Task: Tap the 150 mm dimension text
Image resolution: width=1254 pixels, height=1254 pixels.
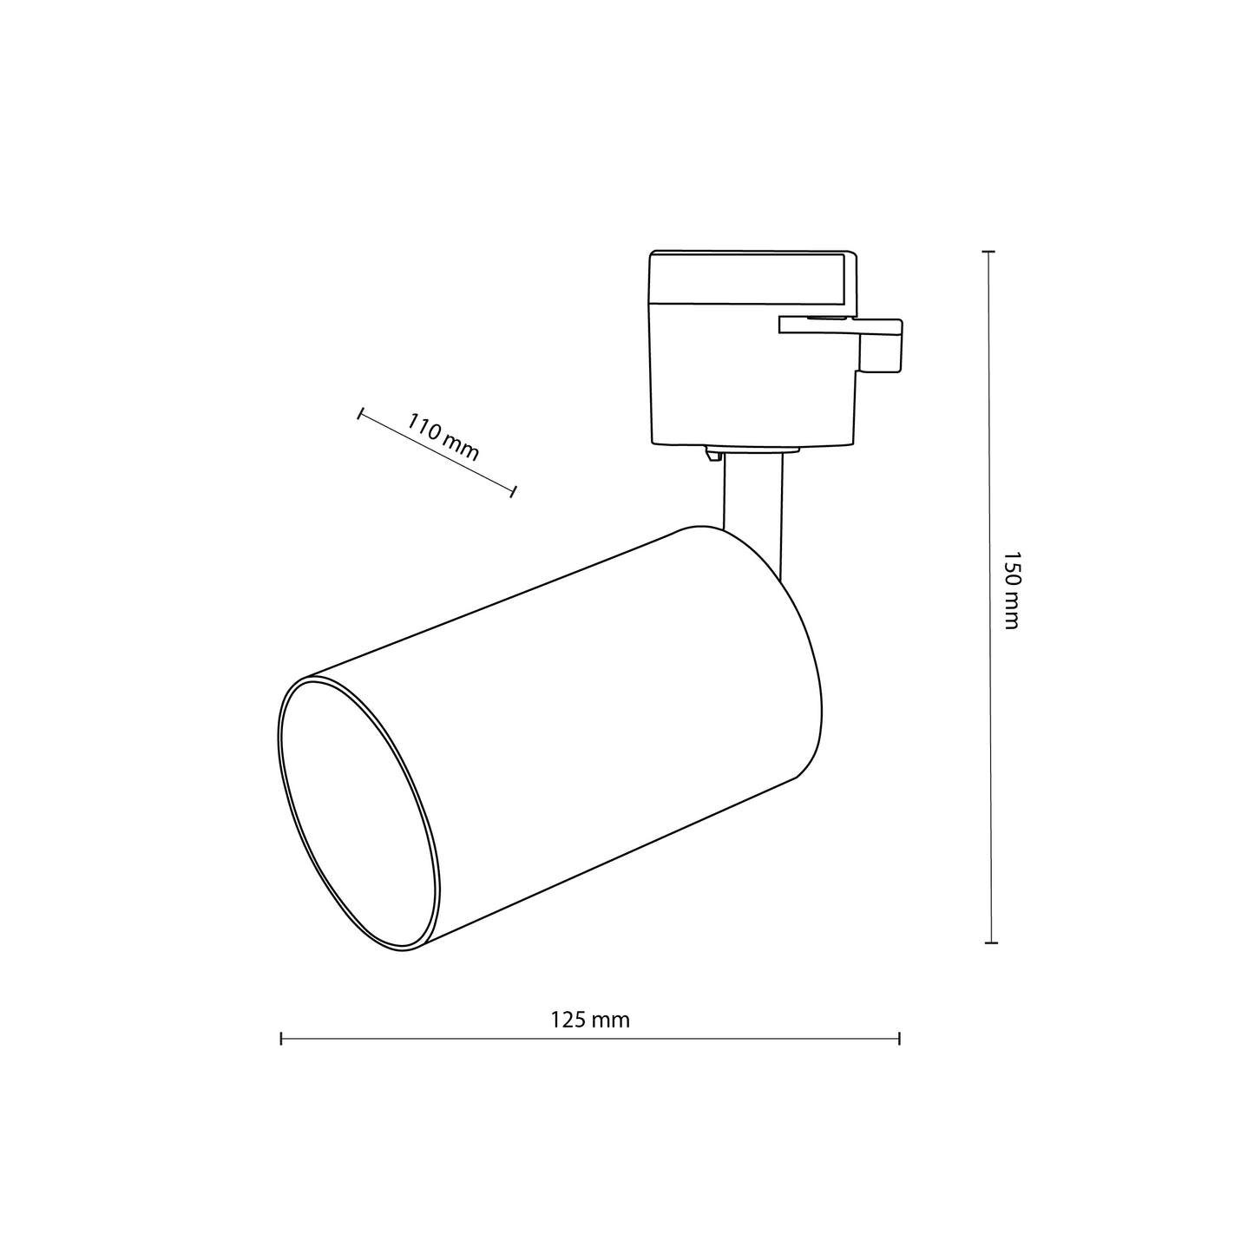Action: (x=1010, y=589)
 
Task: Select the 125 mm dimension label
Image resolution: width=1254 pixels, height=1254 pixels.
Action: (x=590, y=1020)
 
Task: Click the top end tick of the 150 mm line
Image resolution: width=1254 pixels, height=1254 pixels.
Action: (x=988, y=252)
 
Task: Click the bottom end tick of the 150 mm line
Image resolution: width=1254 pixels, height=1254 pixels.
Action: (x=991, y=942)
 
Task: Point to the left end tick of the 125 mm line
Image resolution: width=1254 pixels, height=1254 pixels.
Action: (x=281, y=1038)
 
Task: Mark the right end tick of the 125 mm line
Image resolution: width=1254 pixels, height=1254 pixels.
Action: (x=900, y=1038)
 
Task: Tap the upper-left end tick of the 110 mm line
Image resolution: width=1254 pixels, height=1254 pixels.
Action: (x=359, y=414)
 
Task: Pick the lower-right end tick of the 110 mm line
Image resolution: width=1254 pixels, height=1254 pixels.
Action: (x=515, y=492)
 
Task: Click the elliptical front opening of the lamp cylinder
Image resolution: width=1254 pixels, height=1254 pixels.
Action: (x=358, y=814)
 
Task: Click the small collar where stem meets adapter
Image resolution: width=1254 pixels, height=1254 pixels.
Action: (x=752, y=451)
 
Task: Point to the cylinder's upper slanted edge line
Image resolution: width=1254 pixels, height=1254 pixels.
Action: (x=495, y=602)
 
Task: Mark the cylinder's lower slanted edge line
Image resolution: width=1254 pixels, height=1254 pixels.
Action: (x=607, y=864)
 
